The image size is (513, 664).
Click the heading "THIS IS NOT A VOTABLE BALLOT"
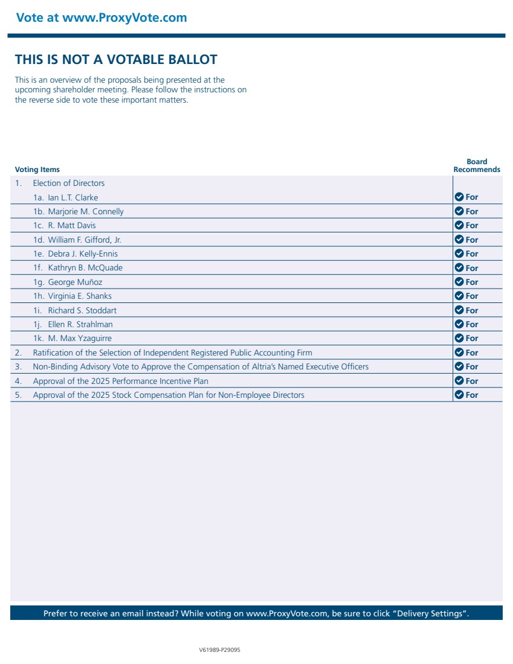pyautogui.click(x=116, y=60)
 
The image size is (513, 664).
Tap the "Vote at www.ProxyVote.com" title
pyautogui.click(x=102, y=18)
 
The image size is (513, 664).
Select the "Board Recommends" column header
pyautogui.click(x=477, y=166)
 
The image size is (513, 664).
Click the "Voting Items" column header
pyautogui.click(x=37, y=170)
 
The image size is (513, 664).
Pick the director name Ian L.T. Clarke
pyautogui.click(x=73, y=197)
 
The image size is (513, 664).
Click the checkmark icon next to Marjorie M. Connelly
pyautogui.click(x=459, y=211)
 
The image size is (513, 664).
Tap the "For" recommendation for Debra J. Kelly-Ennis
pyautogui.click(x=471, y=254)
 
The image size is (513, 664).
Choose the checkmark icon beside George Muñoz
pyautogui.click(x=459, y=282)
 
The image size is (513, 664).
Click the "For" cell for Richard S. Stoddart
pyautogui.click(x=471, y=310)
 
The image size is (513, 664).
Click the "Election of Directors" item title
pyautogui.click(x=69, y=184)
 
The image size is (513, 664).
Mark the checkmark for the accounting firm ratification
pyautogui.click(x=459, y=353)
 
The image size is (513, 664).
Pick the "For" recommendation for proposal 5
pyautogui.click(x=471, y=395)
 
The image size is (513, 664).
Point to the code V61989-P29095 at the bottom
pyautogui.click(x=220, y=650)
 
